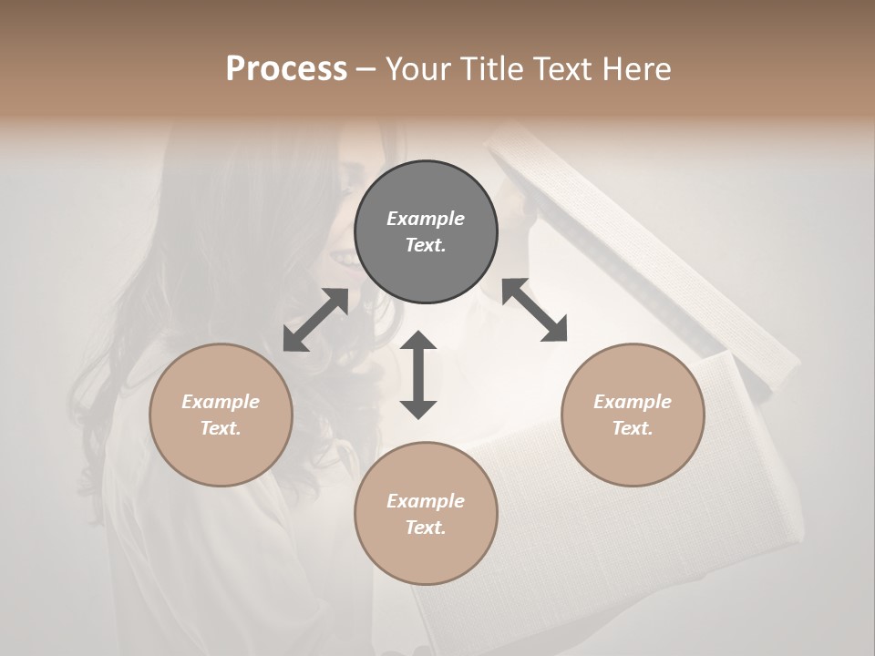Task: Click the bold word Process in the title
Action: pyautogui.click(x=286, y=69)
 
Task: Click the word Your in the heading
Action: pyautogui.click(x=420, y=69)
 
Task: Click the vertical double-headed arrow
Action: pyautogui.click(x=418, y=374)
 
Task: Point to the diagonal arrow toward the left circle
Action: pyautogui.click(x=315, y=320)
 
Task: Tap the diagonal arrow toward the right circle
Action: pyautogui.click(x=534, y=310)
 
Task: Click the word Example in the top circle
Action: pyautogui.click(x=426, y=219)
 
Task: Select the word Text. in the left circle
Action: pyautogui.click(x=221, y=428)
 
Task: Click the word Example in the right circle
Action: pyautogui.click(x=633, y=402)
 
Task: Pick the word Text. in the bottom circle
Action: pyautogui.click(x=426, y=528)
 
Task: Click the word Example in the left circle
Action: pyautogui.click(x=221, y=402)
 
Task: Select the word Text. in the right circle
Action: pyautogui.click(x=633, y=428)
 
